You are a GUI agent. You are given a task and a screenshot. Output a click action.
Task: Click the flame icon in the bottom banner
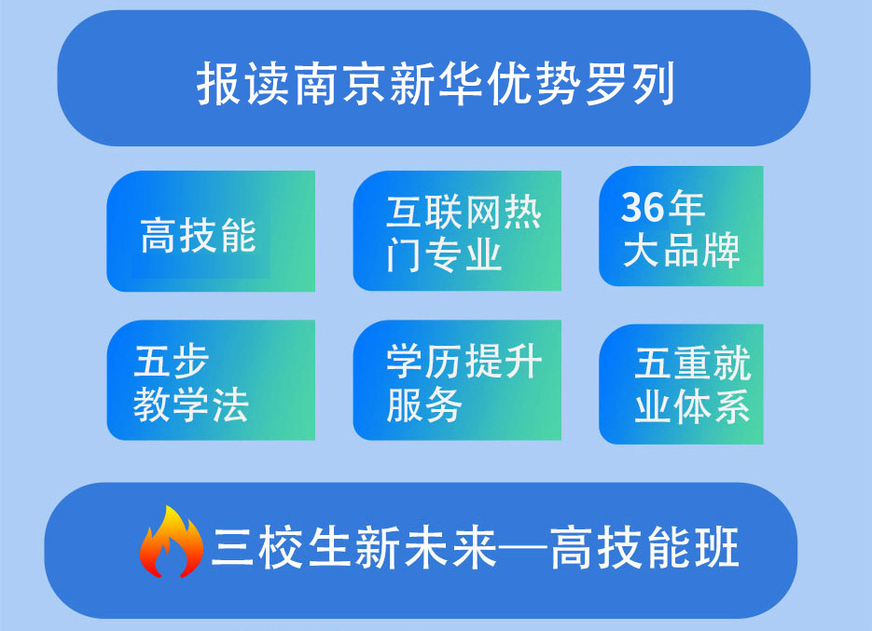[x=172, y=542]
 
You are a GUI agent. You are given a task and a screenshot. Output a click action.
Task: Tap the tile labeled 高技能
[x=211, y=231]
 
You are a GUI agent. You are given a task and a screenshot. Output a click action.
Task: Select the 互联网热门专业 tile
[x=457, y=231]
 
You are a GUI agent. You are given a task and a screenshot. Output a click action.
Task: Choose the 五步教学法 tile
[x=211, y=380]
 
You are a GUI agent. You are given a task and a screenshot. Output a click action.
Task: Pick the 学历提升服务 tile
[x=457, y=380]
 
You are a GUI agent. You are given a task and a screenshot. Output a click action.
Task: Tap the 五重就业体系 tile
[x=681, y=384]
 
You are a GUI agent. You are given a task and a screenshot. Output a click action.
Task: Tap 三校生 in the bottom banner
[x=283, y=548]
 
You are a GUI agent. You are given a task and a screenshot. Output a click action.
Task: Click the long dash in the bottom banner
[x=521, y=549]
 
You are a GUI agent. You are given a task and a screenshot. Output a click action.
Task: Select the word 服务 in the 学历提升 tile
[x=424, y=405]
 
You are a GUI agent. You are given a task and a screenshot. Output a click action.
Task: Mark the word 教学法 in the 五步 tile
[x=191, y=404]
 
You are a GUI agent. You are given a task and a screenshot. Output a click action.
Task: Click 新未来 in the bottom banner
[x=426, y=548]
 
